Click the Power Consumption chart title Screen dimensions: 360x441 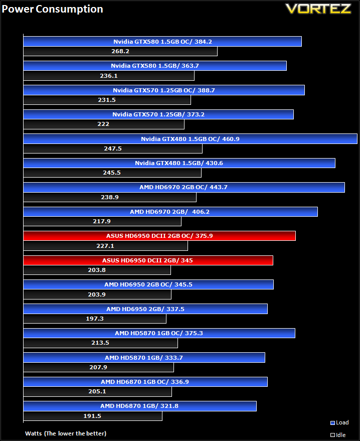click(x=52, y=9)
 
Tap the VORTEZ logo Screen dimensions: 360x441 click(x=318, y=9)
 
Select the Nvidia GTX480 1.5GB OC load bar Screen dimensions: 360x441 click(x=190, y=139)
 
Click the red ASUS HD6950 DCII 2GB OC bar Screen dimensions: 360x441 click(x=159, y=236)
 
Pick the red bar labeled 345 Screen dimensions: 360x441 click(x=148, y=260)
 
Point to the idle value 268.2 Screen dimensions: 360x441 click(x=120, y=51)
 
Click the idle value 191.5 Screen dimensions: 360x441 click(x=92, y=416)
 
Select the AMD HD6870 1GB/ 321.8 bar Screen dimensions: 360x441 click(x=140, y=406)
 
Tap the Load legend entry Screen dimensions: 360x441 click(x=339, y=423)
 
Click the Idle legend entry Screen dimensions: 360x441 click(x=338, y=435)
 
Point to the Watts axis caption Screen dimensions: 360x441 click(x=66, y=433)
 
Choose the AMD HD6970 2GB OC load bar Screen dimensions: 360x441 click(x=184, y=188)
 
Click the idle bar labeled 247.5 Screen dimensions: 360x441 click(x=113, y=149)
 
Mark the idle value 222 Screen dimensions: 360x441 click(x=103, y=124)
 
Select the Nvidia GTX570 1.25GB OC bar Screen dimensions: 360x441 click(x=164, y=90)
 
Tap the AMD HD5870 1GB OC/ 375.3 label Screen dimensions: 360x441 click(x=159, y=333)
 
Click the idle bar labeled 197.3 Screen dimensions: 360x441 click(x=95, y=319)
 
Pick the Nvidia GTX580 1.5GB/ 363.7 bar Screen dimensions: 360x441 click(x=155, y=66)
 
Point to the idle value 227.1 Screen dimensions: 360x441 click(x=105, y=246)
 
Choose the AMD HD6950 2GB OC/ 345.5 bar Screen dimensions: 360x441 click(x=148, y=284)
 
